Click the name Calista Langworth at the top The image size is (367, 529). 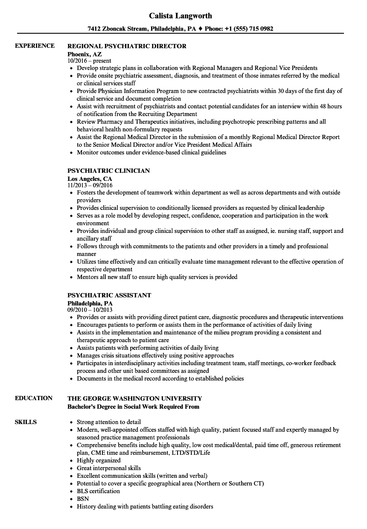pos(181,16)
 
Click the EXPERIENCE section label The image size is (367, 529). pos(35,46)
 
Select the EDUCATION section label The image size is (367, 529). pos(34,398)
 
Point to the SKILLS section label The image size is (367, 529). pos(26,422)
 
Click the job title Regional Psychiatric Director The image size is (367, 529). pos(127,46)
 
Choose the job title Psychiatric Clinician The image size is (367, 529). pos(108,171)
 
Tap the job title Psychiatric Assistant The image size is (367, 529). pos(109,295)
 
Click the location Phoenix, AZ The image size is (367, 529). pos(84,54)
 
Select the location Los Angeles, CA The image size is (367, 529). pos(90,179)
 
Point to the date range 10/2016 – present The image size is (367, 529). pos(89,61)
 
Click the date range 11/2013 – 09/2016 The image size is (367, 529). pos(90,186)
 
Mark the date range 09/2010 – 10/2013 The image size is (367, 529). pos(90,310)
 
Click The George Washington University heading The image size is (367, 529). pos(134,398)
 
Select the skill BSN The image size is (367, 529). pos(83,499)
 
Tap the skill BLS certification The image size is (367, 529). pos(98,491)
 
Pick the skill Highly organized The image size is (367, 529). pos(99,460)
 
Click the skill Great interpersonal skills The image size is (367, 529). pos(108,468)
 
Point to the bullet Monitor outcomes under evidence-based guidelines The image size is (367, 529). pos(151,152)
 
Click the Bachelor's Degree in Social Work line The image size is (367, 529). pos(133,407)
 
